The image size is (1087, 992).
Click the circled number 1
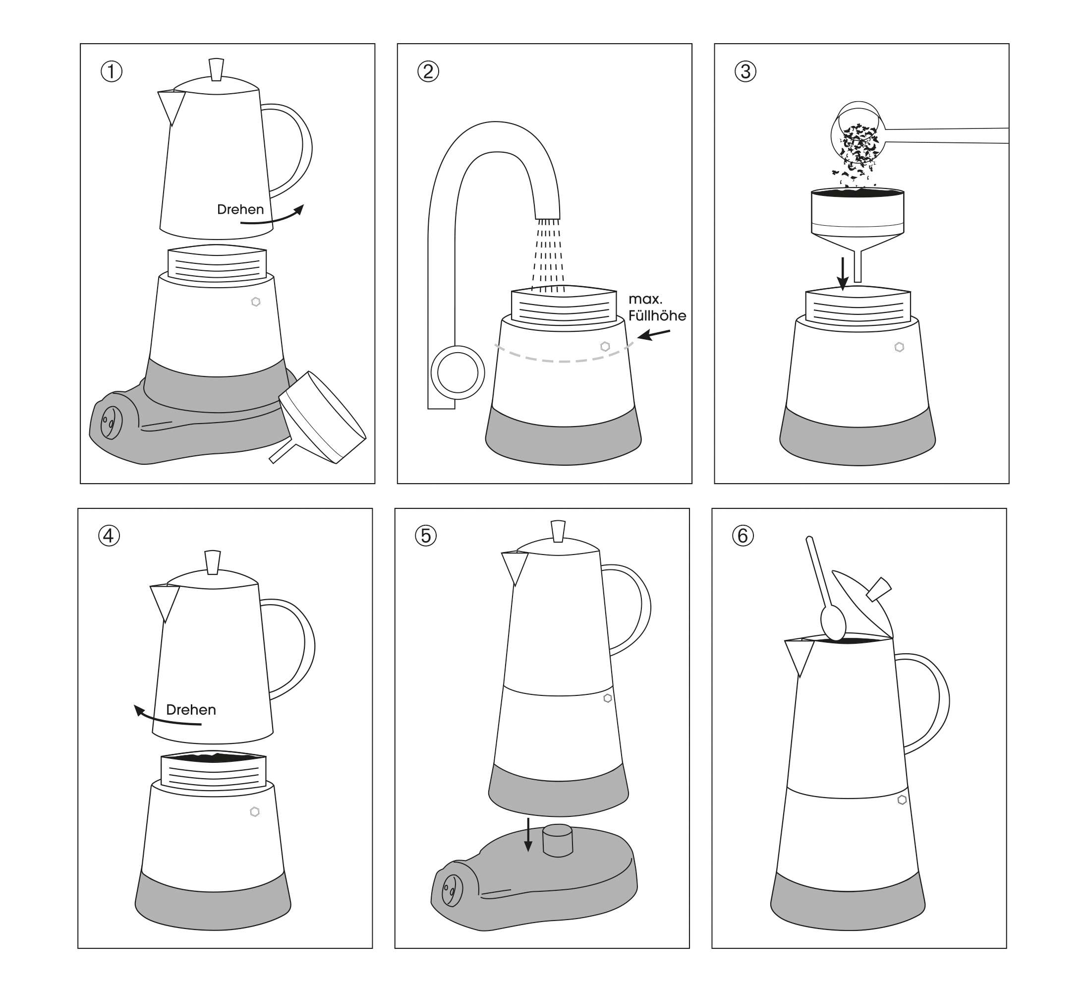coord(112,72)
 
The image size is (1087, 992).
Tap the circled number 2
coord(428,72)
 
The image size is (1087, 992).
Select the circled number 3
coord(745,72)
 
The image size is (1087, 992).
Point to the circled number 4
coord(109,536)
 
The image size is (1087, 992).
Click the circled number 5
coord(425,536)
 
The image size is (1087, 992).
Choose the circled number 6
coord(743,536)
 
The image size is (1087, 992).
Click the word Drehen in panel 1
coord(240,209)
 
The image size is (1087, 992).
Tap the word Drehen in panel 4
coord(191,710)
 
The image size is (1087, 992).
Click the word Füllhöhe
coord(657,315)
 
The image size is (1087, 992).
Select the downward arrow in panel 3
coord(843,273)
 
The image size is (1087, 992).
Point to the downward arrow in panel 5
coord(528,834)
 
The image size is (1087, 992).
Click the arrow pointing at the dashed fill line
coord(654,335)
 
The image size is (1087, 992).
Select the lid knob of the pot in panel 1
coord(216,69)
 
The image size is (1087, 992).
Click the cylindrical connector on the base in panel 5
coord(558,840)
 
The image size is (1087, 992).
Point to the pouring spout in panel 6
coord(800,658)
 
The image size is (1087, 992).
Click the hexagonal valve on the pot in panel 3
coord(899,347)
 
